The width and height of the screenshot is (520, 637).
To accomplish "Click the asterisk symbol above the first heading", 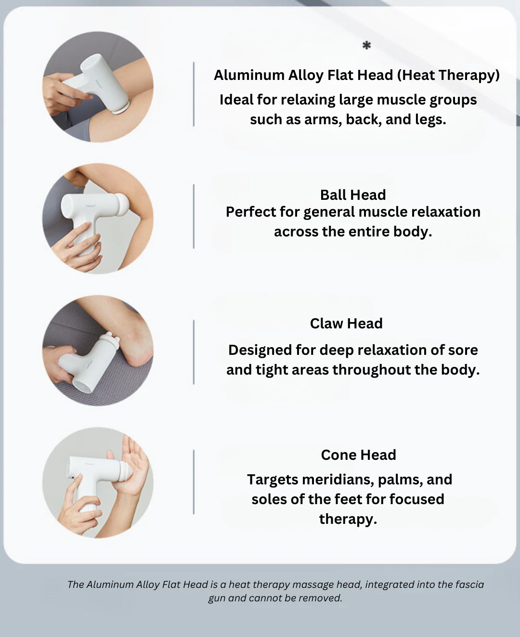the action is coord(366,46).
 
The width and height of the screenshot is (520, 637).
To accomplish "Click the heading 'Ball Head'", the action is coord(353,195).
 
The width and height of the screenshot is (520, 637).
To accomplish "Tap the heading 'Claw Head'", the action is coord(346,324).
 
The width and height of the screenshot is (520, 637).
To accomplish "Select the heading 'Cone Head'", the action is coord(358,455).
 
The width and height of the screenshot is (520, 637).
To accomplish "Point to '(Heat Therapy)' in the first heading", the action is coord(448,76).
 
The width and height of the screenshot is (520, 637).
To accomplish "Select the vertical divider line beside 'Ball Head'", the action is coord(194,216).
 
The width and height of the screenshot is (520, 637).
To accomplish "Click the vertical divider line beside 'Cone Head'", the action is coord(194,482).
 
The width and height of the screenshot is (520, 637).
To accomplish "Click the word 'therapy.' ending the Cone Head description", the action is coord(348,520).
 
